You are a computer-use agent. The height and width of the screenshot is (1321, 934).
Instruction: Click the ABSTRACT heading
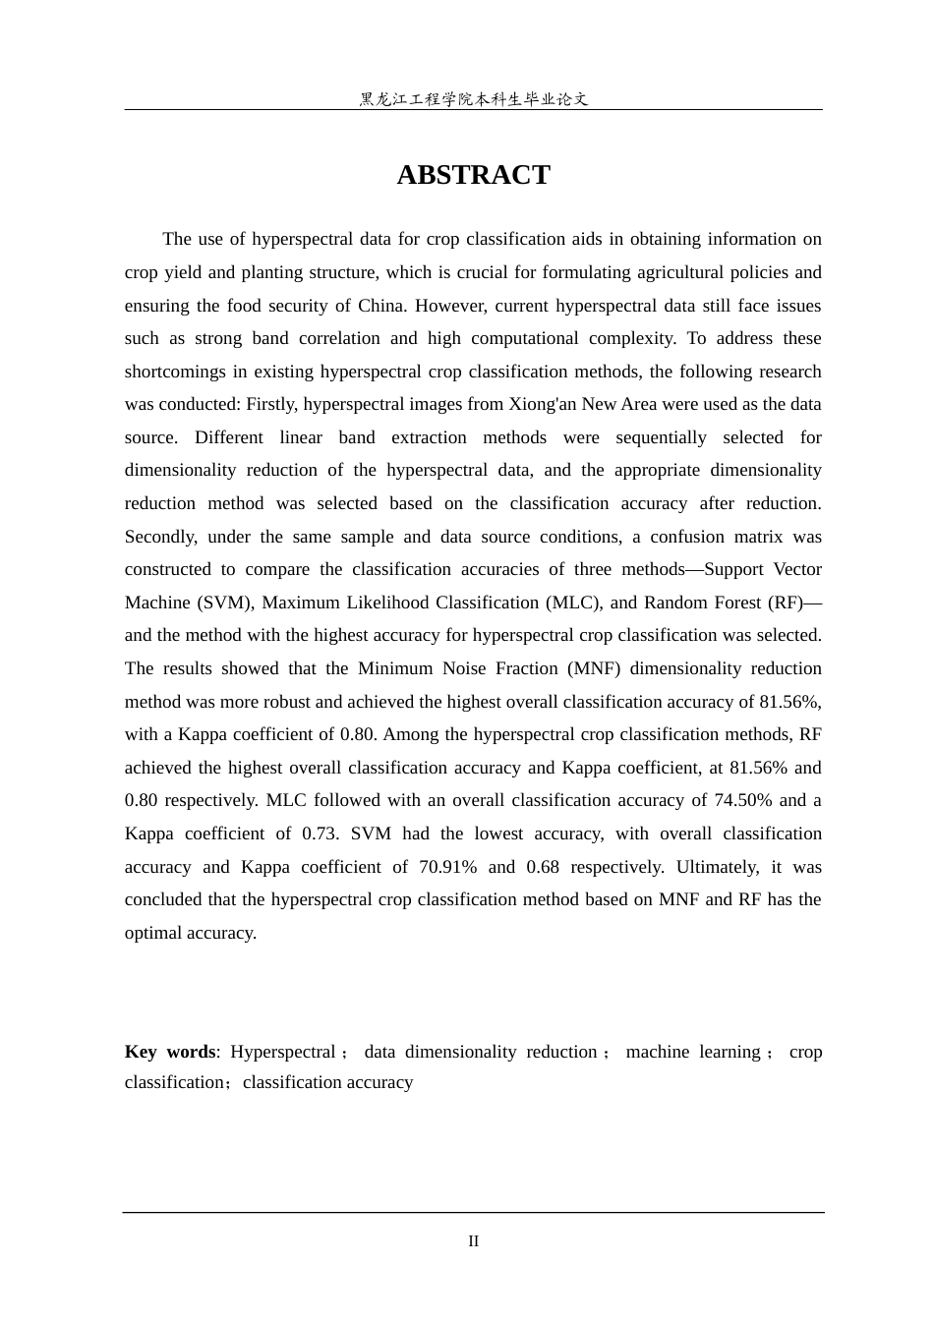tap(473, 175)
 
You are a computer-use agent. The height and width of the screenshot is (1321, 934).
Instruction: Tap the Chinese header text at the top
tap(473, 99)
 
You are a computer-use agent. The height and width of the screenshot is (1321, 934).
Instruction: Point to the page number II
tap(473, 1241)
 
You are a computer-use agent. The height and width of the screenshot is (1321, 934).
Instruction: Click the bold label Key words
tap(170, 1052)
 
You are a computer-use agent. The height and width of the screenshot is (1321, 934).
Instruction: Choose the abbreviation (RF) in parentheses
tap(782, 603)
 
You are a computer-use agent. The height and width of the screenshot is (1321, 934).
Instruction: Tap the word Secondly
tap(160, 537)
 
